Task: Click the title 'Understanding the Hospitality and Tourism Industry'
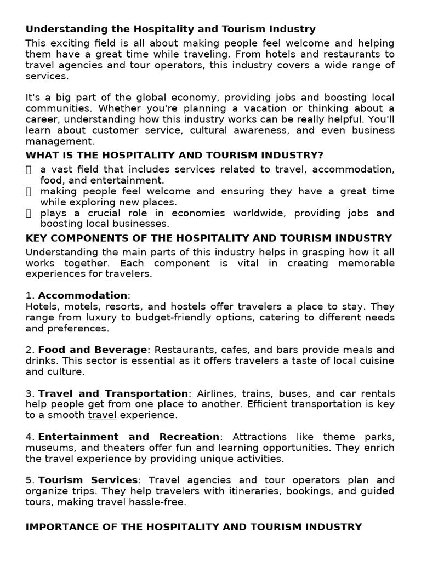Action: (x=170, y=29)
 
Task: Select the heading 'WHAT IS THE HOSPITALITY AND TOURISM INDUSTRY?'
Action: (x=174, y=156)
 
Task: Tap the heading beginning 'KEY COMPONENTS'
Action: (x=209, y=238)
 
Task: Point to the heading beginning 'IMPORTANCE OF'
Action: (x=194, y=527)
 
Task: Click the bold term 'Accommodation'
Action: (x=82, y=295)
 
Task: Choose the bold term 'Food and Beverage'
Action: (x=93, y=350)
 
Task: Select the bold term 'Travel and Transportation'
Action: (x=113, y=393)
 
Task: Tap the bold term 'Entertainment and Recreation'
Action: (x=129, y=437)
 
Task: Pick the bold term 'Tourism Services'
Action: (x=88, y=480)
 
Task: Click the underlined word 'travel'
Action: (x=102, y=415)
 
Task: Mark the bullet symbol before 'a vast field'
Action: (x=29, y=170)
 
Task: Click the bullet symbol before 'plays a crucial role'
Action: (x=29, y=213)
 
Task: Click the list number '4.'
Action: (x=30, y=437)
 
